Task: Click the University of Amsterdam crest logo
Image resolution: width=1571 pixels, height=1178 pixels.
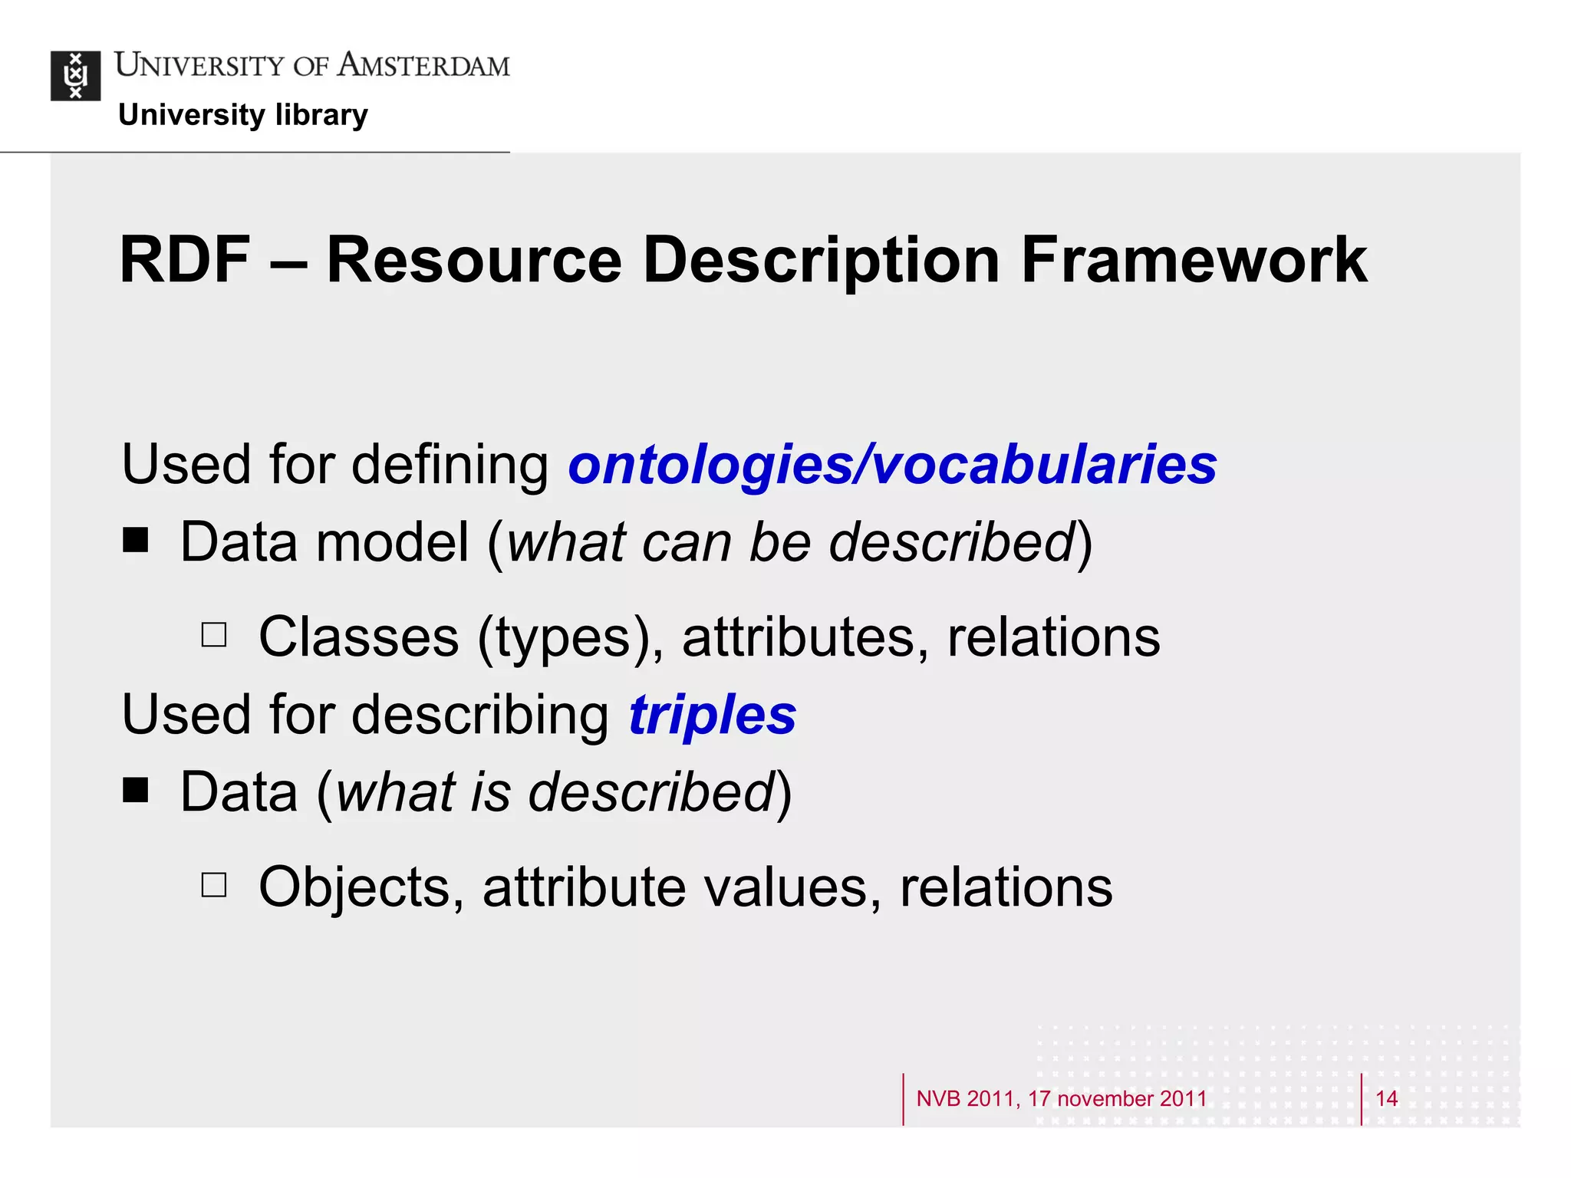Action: [x=75, y=75]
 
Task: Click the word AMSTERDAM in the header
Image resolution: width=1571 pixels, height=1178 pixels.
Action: [x=423, y=65]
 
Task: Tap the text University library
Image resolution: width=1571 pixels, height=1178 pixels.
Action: [x=243, y=115]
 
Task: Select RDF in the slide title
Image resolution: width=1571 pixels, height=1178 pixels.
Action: [x=185, y=260]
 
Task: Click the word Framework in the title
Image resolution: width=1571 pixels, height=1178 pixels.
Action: [x=1194, y=260]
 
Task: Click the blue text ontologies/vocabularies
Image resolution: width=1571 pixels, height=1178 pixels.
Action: [x=891, y=465]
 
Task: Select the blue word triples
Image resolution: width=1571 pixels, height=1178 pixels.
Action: [x=712, y=715]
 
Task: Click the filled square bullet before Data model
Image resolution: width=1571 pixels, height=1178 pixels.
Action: [x=136, y=540]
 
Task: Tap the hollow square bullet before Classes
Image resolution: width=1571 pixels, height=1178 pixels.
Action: [x=214, y=635]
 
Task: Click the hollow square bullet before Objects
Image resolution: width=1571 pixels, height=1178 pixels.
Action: [x=214, y=885]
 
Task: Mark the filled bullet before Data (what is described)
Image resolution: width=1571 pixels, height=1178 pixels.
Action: [x=136, y=790]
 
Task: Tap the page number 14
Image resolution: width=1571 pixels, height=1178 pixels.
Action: [x=1386, y=1098]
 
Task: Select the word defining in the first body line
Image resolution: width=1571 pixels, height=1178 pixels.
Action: [x=450, y=465]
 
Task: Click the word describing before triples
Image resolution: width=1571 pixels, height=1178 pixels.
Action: [x=480, y=715]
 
